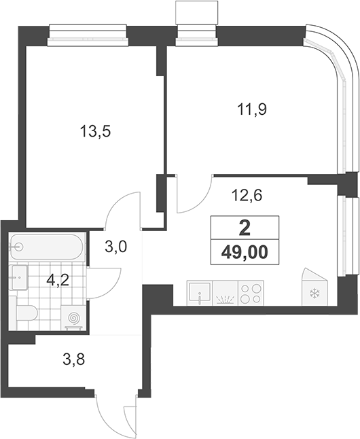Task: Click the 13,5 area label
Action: [x=96, y=131]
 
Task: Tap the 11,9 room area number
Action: [x=252, y=109]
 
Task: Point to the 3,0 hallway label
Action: [x=116, y=247]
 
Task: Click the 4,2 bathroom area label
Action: [x=58, y=280]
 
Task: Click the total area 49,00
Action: [x=245, y=253]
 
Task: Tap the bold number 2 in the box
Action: [x=245, y=228]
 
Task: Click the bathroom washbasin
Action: [x=20, y=277]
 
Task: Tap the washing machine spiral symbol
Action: [x=74, y=318]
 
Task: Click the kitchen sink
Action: [x=200, y=293]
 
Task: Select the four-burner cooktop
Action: [x=251, y=293]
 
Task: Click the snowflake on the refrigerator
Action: [x=314, y=294]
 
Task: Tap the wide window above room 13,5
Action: [x=88, y=35]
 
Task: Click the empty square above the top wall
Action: [x=196, y=12]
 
